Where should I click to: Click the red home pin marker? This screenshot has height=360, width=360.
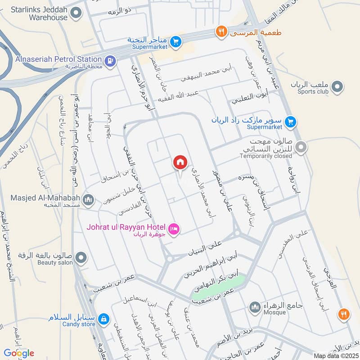point(180,162)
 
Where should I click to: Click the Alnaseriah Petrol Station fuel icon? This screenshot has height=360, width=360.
point(109,59)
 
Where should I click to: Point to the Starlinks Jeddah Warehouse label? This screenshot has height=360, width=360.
point(39,13)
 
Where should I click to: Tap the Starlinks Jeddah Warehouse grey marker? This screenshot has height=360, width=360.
point(76,14)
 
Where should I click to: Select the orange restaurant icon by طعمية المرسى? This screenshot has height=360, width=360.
point(220,31)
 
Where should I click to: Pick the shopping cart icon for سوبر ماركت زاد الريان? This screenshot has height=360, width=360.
point(291,121)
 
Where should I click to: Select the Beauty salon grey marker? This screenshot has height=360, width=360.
point(81,257)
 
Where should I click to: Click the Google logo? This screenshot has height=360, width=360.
point(19,353)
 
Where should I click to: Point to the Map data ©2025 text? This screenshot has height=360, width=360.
point(335,355)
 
